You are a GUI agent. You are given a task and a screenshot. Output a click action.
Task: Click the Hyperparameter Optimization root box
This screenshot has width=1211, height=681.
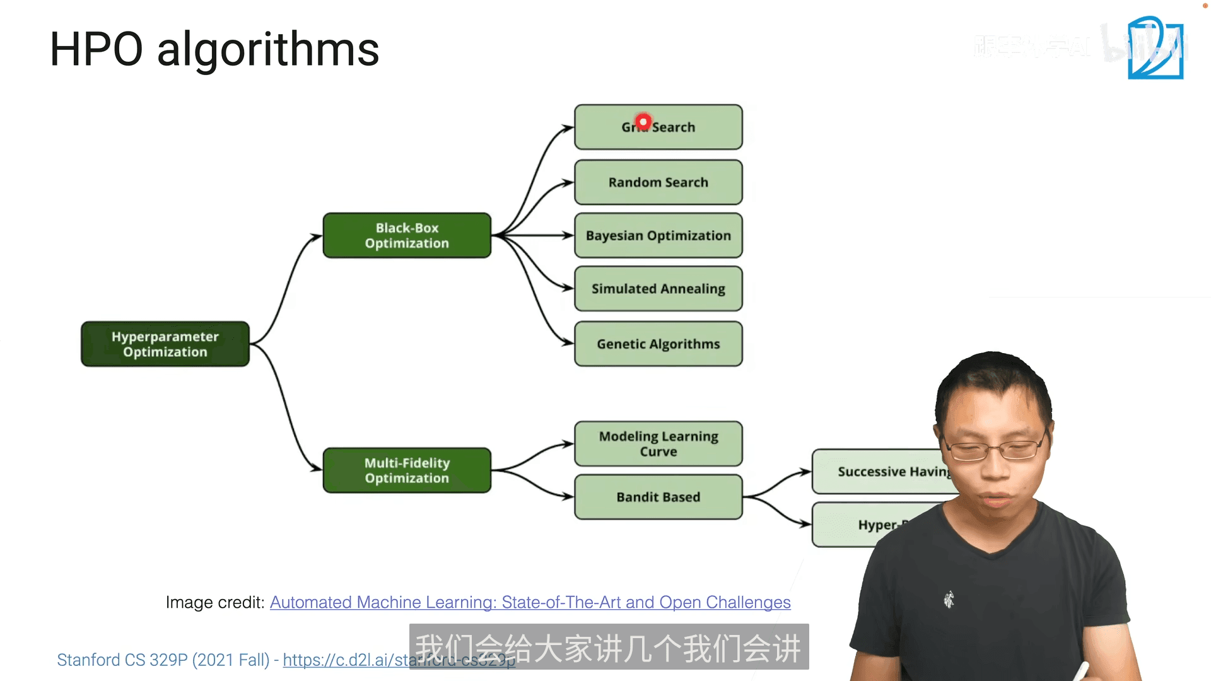click(x=165, y=344)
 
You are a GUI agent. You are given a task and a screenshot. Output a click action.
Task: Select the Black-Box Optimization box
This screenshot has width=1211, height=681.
click(x=407, y=236)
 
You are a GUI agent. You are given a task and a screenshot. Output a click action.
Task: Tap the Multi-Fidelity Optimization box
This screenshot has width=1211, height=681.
click(x=407, y=470)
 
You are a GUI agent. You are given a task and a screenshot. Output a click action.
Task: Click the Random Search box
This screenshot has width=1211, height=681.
click(x=658, y=182)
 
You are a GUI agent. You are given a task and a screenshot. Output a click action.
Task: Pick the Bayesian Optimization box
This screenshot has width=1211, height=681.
click(x=658, y=236)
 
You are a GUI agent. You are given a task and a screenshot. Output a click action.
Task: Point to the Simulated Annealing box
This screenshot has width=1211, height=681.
click(x=658, y=289)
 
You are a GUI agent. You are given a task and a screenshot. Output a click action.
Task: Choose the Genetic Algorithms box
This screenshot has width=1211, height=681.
click(x=658, y=344)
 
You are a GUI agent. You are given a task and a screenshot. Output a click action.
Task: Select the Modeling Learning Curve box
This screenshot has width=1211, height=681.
click(x=658, y=444)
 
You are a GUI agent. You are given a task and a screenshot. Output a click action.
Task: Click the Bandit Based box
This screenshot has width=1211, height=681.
click(x=658, y=497)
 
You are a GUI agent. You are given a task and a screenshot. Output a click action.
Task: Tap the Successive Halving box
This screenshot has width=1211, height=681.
click(x=883, y=472)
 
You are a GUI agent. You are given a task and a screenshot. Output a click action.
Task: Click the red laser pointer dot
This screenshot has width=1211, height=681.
click(x=643, y=122)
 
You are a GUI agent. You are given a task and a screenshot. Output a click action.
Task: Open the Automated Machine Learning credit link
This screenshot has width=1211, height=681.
click(x=530, y=603)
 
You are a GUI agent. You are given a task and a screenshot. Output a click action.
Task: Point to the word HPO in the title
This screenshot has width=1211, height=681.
click(x=97, y=50)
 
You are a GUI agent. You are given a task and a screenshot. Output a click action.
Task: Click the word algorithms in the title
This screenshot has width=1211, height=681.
click(x=268, y=50)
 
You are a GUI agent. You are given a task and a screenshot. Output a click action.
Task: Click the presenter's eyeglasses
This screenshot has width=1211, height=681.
click(x=997, y=450)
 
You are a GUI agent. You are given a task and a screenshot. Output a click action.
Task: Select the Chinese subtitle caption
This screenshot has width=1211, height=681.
click(x=609, y=648)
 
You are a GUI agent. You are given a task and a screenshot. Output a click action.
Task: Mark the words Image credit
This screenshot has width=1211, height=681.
click(x=214, y=603)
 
